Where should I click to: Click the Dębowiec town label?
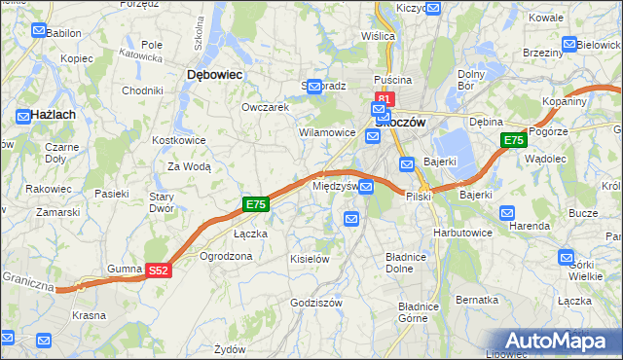coord(214,74)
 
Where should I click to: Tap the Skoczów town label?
coord(400,123)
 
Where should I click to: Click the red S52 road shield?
coord(160,271)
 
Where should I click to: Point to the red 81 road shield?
coord(384,99)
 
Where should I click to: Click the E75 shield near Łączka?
coord(255,204)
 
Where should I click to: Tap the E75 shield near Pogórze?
coord(514,141)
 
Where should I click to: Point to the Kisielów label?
coord(310,259)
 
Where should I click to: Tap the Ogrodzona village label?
coord(226,256)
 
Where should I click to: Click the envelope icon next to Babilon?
coord(38,31)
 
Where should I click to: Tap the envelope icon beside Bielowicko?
coord(569,44)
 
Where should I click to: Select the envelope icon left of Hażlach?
coord(21,115)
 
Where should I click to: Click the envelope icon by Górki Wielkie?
coord(568,258)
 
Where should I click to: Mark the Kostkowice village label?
coord(178,140)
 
